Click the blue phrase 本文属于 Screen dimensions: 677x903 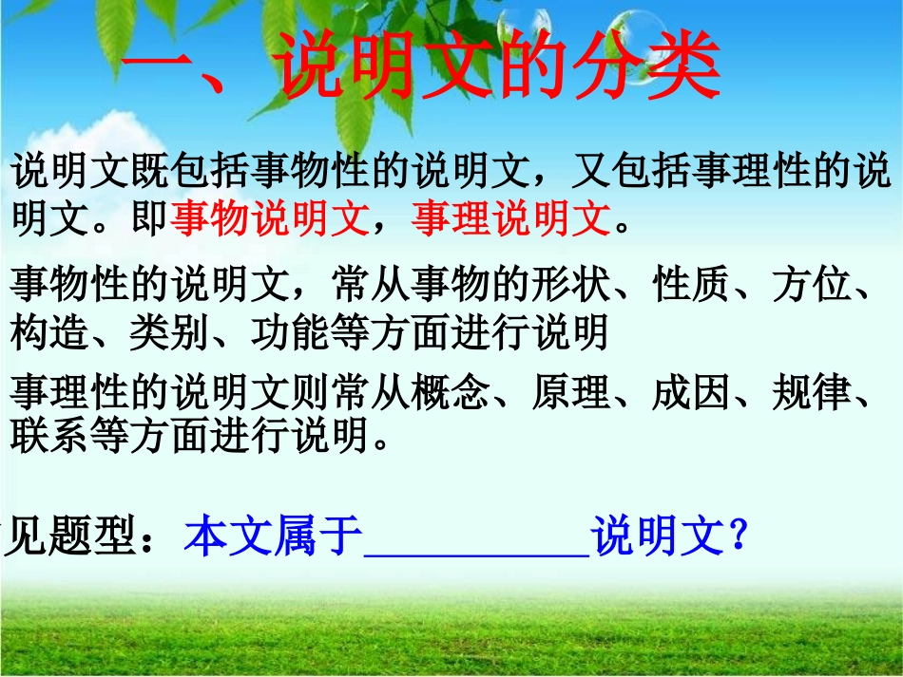[273, 537]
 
